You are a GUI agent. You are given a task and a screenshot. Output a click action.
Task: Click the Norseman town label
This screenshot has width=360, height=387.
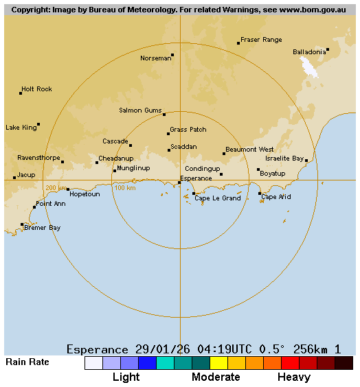coord(155,58)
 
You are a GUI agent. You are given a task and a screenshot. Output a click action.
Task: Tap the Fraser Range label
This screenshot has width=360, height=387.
coord(261,40)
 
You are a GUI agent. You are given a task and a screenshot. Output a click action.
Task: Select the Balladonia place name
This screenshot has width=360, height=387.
coord(309,52)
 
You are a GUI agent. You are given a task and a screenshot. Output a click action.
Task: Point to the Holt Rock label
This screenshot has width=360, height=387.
coord(36,89)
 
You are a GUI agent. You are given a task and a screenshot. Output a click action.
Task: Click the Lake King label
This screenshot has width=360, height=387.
coord(21,128)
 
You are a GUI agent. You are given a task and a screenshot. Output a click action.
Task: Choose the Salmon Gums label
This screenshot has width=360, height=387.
coord(140,110)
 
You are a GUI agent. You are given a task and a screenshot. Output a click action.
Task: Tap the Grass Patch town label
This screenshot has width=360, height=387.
coord(188,130)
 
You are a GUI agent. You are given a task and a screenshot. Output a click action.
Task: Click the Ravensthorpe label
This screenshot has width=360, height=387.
coord(38,158)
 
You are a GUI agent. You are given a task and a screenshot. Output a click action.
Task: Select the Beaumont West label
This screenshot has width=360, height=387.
coord(249,150)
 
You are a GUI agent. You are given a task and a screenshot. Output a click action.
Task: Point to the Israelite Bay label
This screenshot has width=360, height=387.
coord(284,159)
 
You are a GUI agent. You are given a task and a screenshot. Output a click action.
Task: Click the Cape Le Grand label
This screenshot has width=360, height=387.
coord(218,198)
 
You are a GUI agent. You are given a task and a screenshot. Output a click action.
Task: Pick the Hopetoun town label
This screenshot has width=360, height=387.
coord(85,194)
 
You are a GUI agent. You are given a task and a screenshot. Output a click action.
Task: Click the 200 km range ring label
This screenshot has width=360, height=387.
coord(56,188)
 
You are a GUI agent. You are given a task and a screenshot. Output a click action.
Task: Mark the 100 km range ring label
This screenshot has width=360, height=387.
coord(124,188)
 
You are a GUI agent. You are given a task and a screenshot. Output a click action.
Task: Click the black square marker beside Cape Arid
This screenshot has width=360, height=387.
coord(260,193)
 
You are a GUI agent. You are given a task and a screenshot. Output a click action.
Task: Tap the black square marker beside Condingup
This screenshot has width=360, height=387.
coord(221,174)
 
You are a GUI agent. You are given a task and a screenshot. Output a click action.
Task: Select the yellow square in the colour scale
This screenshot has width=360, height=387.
coord(218,363)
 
